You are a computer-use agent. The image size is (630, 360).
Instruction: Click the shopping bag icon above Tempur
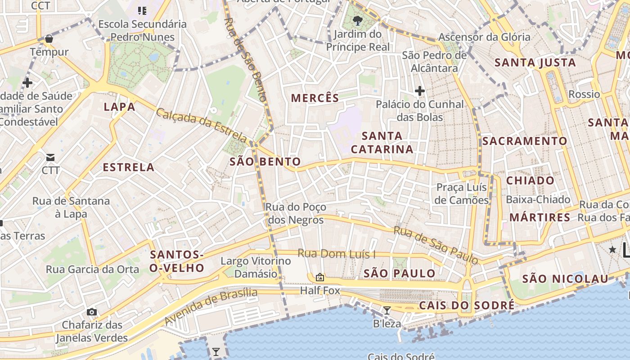click(x=49, y=39)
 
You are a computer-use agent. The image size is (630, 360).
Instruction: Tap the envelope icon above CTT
click(x=50, y=157)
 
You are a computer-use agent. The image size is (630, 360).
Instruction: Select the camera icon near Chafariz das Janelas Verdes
click(x=92, y=312)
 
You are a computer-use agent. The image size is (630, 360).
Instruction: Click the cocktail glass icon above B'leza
click(x=387, y=310)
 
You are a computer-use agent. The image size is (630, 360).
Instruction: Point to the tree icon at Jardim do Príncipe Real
click(x=358, y=20)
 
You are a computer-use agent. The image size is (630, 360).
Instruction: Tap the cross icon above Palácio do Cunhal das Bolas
click(x=419, y=91)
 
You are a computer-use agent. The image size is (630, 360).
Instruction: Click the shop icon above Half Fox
click(x=320, y=277)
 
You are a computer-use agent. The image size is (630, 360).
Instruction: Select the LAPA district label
click(x=119, y=107)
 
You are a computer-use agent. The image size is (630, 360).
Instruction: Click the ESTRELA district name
click(x=129, y=167)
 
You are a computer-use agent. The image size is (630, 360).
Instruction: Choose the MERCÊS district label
click(x=315, y=98)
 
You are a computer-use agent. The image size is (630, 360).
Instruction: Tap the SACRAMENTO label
click(x=525, y=141)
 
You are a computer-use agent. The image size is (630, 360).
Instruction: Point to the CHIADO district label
click(x=531, y=180)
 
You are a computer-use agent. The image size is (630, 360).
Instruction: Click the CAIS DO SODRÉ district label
click(x=467, y=306)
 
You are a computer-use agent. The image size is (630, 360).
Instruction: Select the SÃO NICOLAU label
click(x=565, y=279)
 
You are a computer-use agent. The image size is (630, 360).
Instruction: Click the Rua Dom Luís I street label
click(x=337, y=254)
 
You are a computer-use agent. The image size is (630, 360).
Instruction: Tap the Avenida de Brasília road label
click(x=211, y=307)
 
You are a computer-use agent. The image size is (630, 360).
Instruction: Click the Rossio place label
click(x=584, y=94)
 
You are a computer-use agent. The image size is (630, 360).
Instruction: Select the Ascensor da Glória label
click(x=484, y=37)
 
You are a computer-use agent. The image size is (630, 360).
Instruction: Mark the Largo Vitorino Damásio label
click(x=256, y=267)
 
